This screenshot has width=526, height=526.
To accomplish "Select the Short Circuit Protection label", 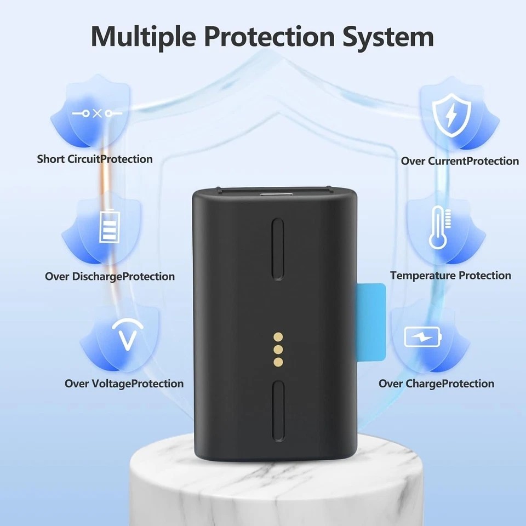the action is click(x=95, y=159).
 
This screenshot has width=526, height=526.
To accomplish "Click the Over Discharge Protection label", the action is click(x=110, y=277).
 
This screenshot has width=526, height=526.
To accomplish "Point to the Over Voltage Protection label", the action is click(x=124, y=384).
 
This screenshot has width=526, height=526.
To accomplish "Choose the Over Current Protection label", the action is click(x=460, y=161).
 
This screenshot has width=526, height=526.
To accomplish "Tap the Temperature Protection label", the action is click(x=450, y=276).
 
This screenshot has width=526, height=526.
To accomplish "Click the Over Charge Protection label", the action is click(x=436, y=384).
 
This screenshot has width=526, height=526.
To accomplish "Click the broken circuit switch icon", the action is click(x=98, y=113).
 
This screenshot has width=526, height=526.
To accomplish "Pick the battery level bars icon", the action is click(x=108, y=228).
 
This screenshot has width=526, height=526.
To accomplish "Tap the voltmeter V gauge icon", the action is click(x=128, y=335).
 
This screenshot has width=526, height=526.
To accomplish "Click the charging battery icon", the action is click(x=422, y=337).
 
